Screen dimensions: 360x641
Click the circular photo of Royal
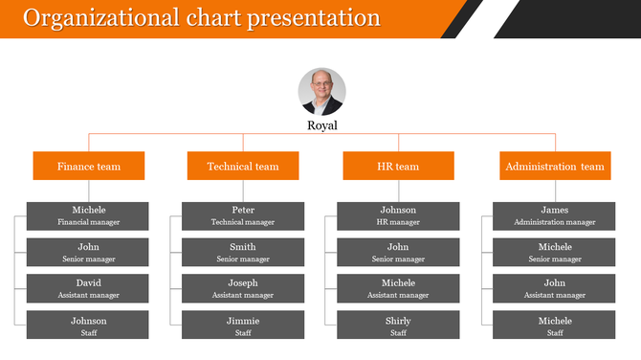coord(321,92)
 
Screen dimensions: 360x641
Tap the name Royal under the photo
coord(321,125)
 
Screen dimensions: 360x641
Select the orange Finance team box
coord(89,166)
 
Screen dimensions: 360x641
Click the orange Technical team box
coord(243,166)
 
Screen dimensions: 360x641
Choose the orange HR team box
coord(398,166)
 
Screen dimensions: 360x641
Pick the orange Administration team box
coord(555,166)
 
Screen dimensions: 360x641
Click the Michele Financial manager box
coord(88,215)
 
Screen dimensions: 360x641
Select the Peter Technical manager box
coord(243,215)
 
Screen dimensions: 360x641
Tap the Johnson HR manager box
coord(398,215)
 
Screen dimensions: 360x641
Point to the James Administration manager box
coord(554,215)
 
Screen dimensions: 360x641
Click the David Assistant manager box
coord(88,288)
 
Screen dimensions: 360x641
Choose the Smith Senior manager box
coord(243,252)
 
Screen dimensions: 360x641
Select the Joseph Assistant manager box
coord(243,288)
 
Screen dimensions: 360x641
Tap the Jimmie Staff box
coord(243,326)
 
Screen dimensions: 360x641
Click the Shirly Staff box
coord(398,326)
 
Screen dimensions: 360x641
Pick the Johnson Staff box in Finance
coord(88,326)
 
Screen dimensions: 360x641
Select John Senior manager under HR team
coord(398,252)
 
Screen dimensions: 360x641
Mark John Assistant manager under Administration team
coord(554,288)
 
